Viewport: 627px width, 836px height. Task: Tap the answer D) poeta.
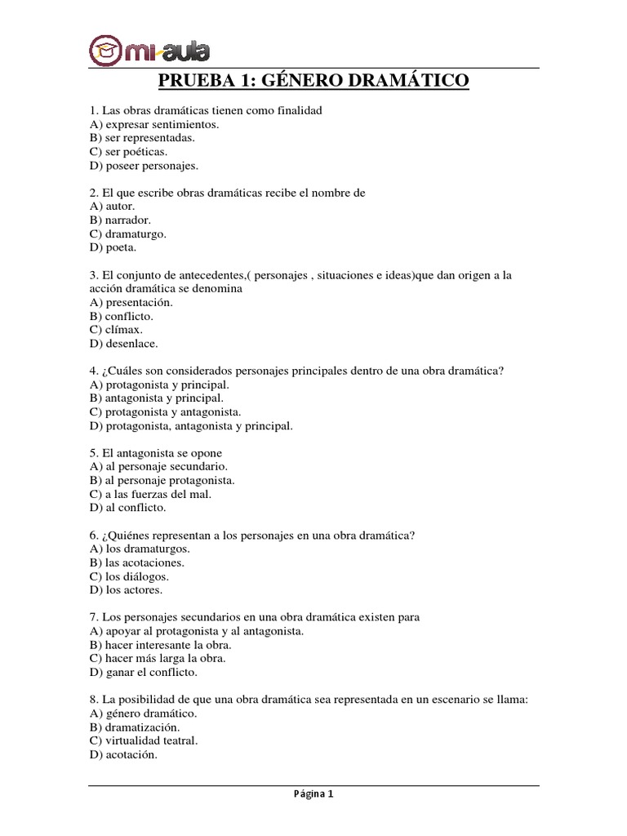(x=113, y=247)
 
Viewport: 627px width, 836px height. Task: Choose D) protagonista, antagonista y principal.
(x=191, y=425)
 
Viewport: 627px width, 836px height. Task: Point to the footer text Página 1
(x=313, y=794)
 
